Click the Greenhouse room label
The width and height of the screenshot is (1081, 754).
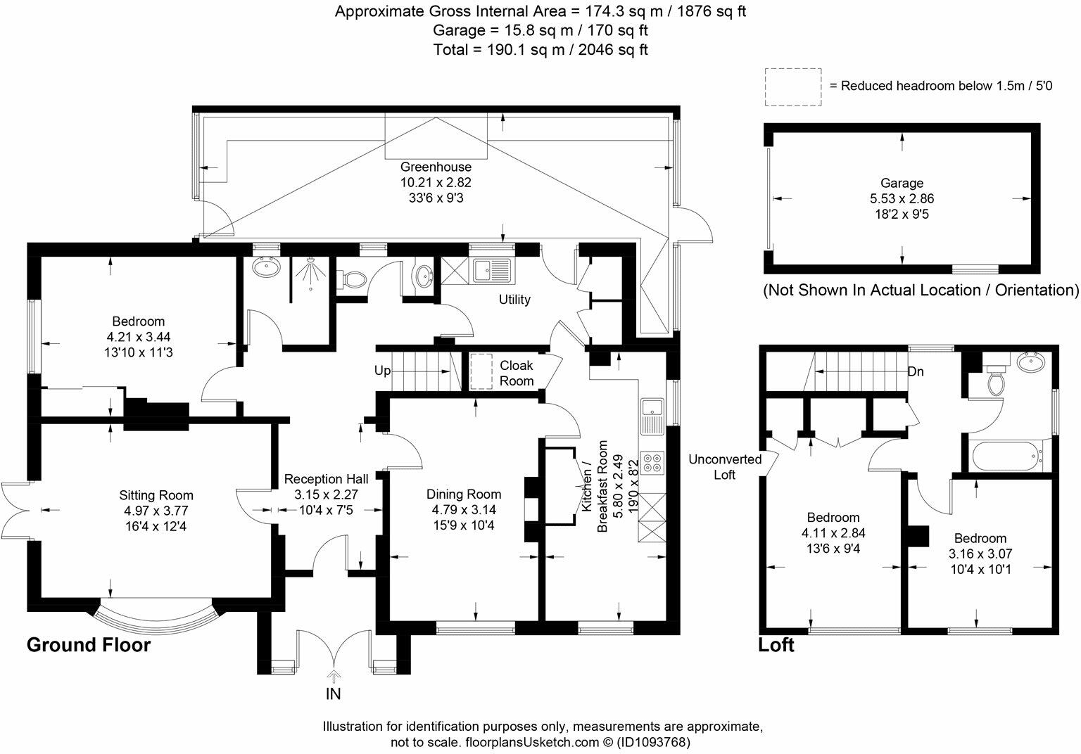tap(436, 167)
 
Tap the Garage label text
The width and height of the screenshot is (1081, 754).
tap(902, 184)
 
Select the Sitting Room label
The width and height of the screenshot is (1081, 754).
tap(156, 495)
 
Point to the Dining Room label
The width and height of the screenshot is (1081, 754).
tap(464, 494)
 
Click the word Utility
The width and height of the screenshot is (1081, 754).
tap(514, 300)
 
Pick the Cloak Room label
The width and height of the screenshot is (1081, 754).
tap(517, 373)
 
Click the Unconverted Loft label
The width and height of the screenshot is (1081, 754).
tap(725, 467)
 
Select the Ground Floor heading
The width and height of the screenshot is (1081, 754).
tap(89, 644)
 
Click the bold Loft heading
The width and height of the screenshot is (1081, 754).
tap(776, 644)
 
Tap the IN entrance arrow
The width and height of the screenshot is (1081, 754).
tap(333, 677)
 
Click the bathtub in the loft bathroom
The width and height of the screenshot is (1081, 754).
tap(1007, 456)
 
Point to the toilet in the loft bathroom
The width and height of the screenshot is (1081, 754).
tap(996, 381)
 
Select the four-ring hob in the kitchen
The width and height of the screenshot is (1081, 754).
tap(652, 459)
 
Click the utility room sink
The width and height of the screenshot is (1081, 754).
tap(491, 269)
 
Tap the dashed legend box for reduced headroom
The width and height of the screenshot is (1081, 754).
tap(793, 87)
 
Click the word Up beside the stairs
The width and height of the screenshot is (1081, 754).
tap(382, 371)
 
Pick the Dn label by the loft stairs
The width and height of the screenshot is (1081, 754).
tap(916, 371)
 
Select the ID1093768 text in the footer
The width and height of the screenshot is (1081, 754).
tap(653, 742)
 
